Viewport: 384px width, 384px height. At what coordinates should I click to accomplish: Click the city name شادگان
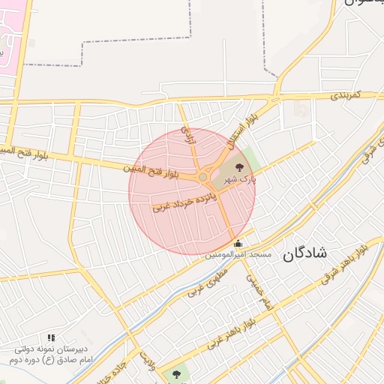pyautogui.click(x=305, y=253)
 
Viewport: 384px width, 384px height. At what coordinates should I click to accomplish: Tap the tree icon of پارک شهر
pyautogui.click(x=239, y=167)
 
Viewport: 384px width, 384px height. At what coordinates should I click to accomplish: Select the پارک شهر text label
pyautogui.click(x=241, y=179)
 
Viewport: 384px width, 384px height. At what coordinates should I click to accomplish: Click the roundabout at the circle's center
pyautogui.click(x=203, y=177)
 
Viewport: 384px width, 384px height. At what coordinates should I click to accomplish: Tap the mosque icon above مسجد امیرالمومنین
pyautogui.click(x=238, y=243)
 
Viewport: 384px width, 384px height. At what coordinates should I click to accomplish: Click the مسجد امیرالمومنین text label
pyautogui.click(x=238, y=255)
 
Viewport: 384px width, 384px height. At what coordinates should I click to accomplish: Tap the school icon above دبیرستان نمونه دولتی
pyautogui.click(x=51, y=338)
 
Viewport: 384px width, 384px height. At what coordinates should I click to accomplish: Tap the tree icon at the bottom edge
pyautogui.click(x=176, y=372)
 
